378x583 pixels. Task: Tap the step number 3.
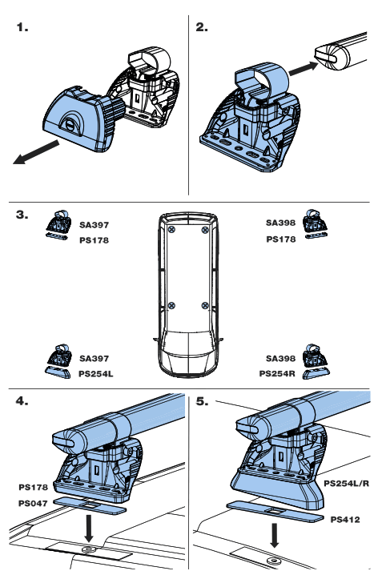click(22, 215)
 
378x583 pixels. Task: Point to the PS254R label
click(278, 372)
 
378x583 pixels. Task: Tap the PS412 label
click(345, 519)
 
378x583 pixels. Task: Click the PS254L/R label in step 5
click(342, 484)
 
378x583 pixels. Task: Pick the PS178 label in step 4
click(34, 486)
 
